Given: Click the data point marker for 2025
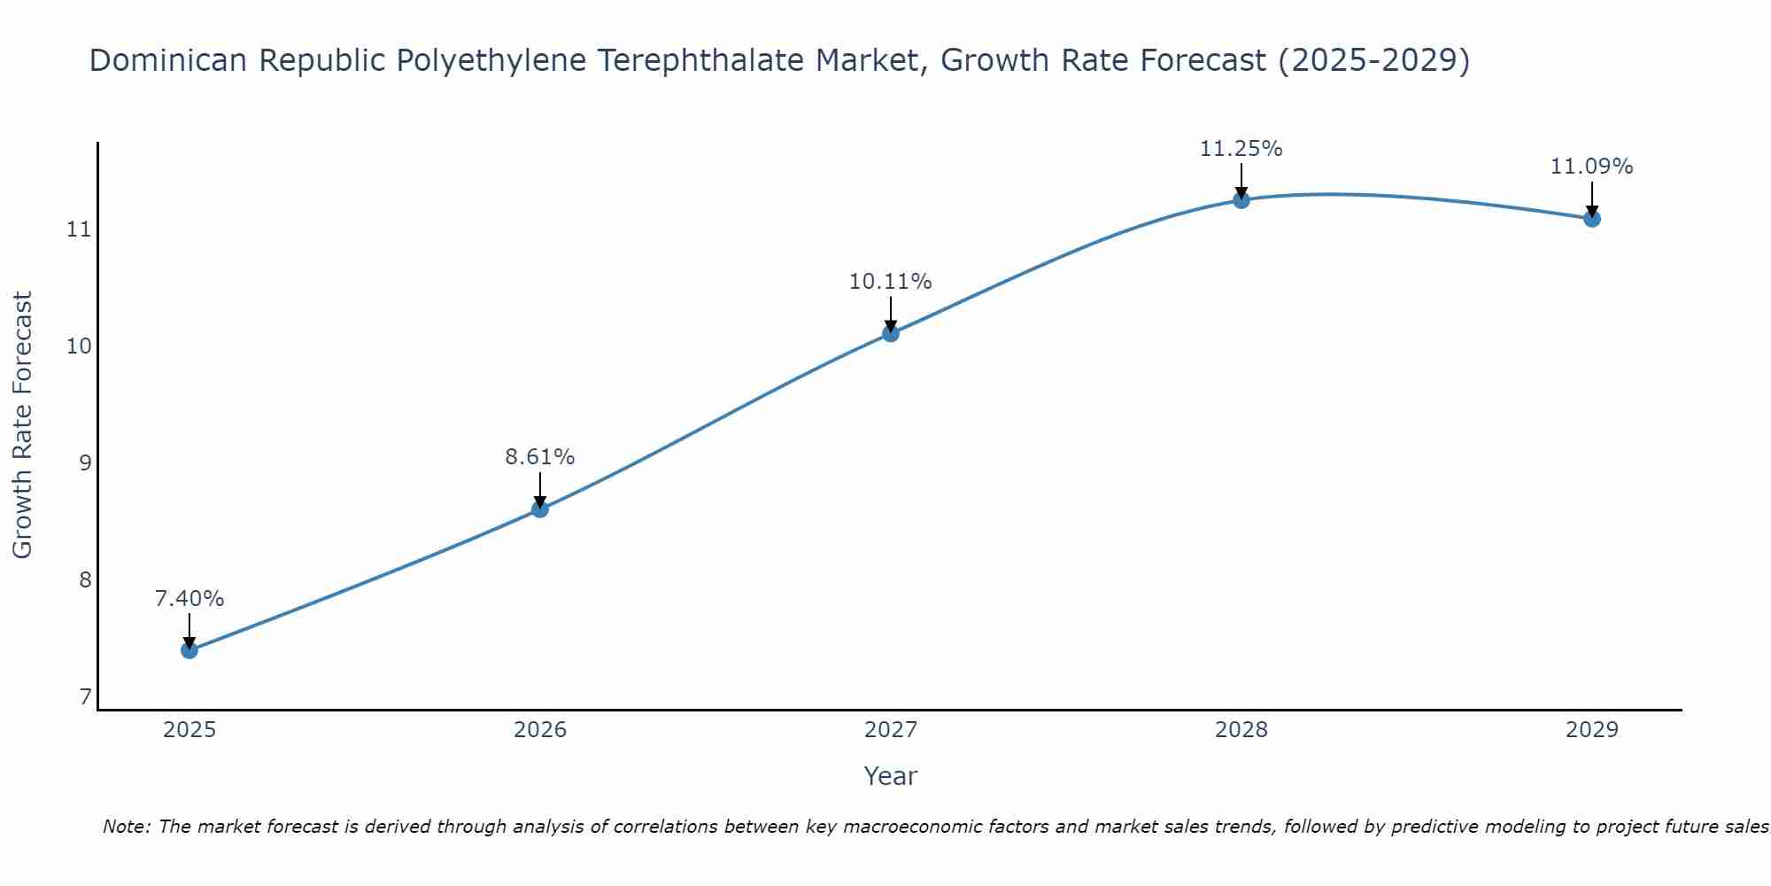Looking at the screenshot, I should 189,650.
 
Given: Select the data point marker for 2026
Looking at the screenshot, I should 540,509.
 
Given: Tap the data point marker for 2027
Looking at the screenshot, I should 891,333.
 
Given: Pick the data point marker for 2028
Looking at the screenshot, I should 1241,200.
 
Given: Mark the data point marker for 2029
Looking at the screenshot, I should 1592,219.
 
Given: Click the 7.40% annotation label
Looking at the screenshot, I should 189,599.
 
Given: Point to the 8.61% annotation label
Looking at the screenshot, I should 540,457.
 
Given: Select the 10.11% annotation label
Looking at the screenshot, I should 891,282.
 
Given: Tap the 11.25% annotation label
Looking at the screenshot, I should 1241,149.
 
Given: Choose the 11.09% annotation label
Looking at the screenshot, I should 1592,167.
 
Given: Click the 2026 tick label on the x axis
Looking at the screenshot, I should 540,730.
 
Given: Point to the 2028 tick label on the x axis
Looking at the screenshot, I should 1241,730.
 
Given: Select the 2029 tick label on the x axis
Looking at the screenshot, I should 1592,730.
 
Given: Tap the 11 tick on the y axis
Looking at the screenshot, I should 79,229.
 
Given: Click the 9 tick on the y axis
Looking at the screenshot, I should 85,463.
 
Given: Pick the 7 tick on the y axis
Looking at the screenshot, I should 85,697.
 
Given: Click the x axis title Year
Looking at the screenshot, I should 891,776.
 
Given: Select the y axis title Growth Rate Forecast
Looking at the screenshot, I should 23,425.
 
